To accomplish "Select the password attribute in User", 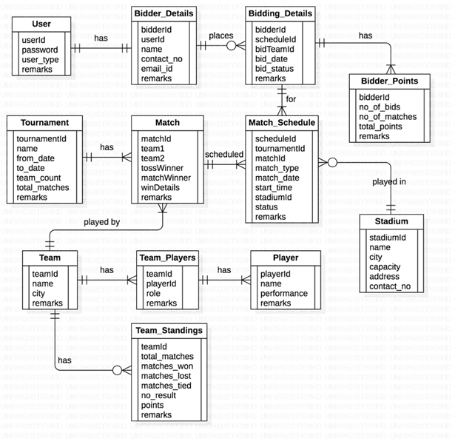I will point(41,50).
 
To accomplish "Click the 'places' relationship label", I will point(222,35).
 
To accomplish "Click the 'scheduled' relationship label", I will point(224,154).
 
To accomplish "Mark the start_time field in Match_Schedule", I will point(276,187).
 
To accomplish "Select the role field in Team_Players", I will point(153,293).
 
